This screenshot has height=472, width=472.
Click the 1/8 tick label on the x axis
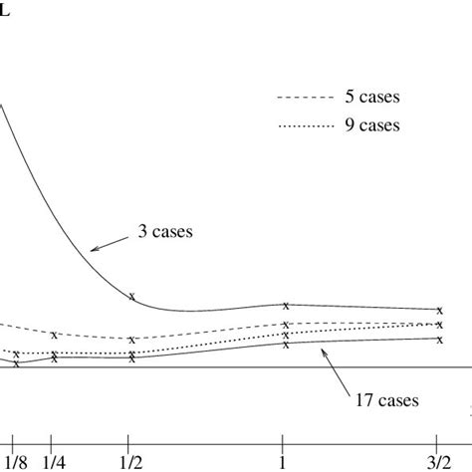[x=15, y=461]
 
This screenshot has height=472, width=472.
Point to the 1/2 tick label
[x=129, y=461]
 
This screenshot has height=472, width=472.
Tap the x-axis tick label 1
[x=284, y=461]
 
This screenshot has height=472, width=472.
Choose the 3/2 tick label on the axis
[x=438, y=461]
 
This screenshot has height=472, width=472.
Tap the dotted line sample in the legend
[x=301, y=126]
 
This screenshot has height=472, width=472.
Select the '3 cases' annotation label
[x=165, y=231]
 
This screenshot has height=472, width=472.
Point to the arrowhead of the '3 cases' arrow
[x=92, y=248]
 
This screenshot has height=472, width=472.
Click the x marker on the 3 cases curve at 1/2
[x=131, y=296]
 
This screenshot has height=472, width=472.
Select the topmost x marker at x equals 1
[x=286, y=305]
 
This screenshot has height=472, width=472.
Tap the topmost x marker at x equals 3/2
[x=439, y=310]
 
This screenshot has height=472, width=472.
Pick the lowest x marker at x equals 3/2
[x=439, y=340]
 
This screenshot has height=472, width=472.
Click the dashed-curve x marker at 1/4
[x=54, y=335]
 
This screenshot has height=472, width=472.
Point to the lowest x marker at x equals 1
[x=286, y=345]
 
